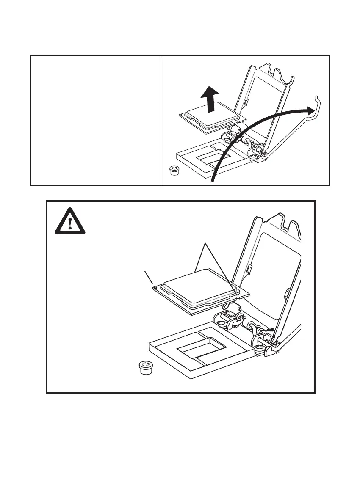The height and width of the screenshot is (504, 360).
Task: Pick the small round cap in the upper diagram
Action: pyautogui.click(x=173, y=170)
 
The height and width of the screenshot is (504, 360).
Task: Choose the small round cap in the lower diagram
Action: pyautogui.click(x=146, y=367)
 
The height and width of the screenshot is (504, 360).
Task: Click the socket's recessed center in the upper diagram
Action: pyautogui.click(x=213, y=159)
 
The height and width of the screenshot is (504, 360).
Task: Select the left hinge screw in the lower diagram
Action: pyautogui.click(x=222, y=323)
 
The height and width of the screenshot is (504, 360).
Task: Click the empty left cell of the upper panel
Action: pyautogui.click(x=96, y=121)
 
